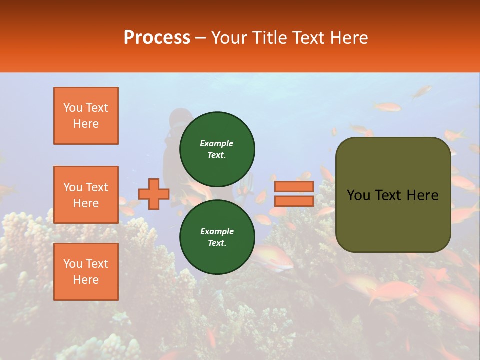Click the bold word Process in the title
coord(157,37)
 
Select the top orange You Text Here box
coord(86,116)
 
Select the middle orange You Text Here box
coord(86,195)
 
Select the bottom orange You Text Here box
coord(86,272)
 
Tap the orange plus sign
coord(154,194)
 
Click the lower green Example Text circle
coord(217,237)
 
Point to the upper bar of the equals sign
coord(294,186)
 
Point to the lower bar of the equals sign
coord(294,201)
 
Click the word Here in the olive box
coord(423,195)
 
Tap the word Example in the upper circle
coord(216,143)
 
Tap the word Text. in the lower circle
coord(217,243)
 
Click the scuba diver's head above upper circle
coord(180,118)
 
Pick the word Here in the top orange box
coord(86,124)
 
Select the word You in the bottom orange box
coord(72,264)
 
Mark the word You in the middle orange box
coord(72,187)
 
